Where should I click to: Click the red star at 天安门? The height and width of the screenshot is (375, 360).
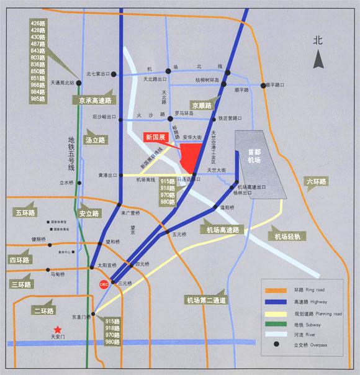pyautogui.click(x=58, y=329)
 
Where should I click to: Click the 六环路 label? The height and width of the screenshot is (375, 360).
pyautogui.click(x=317, y=181)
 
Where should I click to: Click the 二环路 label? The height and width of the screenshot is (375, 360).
pyautogui.click(x=45, y=310)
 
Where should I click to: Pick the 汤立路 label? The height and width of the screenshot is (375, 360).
pyautogui.click(x=95, y=140)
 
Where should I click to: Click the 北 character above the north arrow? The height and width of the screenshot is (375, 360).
pyautogui.click(x=317, y=41)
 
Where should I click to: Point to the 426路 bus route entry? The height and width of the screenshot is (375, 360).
pyautogui.click(x=39, y=23)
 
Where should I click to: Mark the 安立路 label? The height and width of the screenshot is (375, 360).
pyautogui.click(x=89, y=213)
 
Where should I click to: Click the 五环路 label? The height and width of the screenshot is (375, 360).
pyautogui.click(x=23, y=213)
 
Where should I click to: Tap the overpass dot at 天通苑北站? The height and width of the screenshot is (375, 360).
pyautogui.click(x=78, y=82)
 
